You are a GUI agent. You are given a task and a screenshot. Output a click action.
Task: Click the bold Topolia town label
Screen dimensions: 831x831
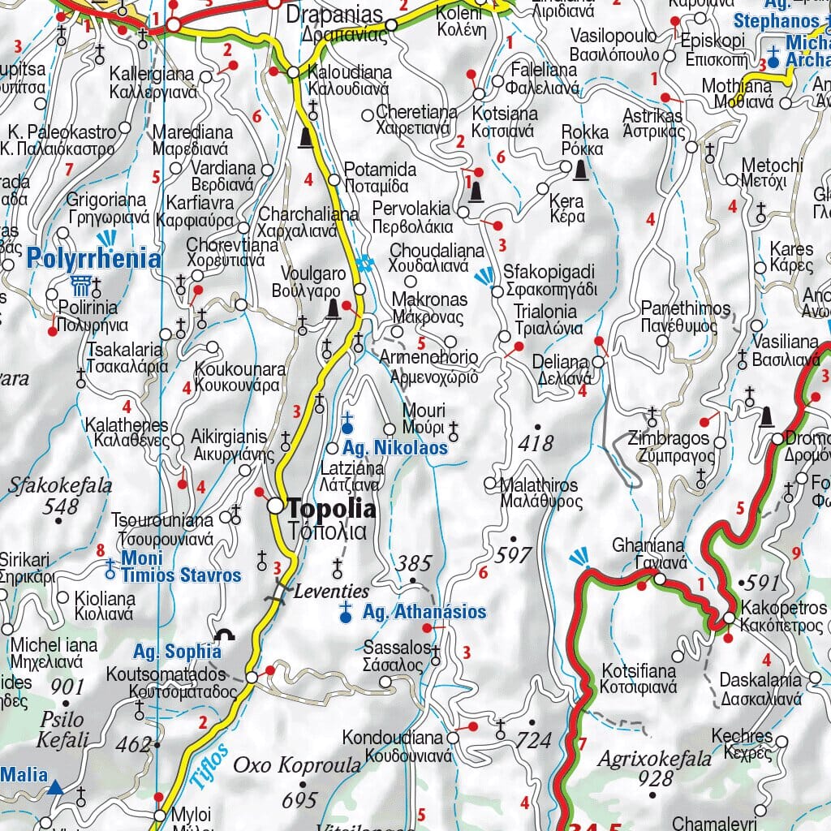click(333, 510)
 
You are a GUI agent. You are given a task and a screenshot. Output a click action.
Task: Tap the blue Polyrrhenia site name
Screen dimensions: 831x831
click(93, 259)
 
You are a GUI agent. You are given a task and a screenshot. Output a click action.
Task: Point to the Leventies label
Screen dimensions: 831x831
click(331, 591)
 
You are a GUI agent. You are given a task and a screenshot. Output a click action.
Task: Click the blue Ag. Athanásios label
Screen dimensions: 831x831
click(424, 612)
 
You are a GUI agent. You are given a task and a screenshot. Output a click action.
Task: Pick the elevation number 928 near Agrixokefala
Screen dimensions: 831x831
click(656, 778)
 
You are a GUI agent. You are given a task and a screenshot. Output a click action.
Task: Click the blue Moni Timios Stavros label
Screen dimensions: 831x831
click(180, 567)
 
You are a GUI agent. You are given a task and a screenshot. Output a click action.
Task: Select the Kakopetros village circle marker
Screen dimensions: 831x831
click(729, 618)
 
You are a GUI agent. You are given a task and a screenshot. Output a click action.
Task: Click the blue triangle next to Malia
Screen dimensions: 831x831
click(55, 786)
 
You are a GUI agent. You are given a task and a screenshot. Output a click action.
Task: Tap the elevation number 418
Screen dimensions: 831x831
click(536, 443)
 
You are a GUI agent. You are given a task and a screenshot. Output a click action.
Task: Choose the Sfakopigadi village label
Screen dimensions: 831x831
click(549, 271)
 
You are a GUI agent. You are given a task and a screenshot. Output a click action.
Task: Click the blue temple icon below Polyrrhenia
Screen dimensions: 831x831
click(80, 285)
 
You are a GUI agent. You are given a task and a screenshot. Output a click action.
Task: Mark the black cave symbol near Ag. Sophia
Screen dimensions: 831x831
click(225, 635)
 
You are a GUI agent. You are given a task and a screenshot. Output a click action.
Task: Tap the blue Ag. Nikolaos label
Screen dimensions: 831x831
click(395, 447)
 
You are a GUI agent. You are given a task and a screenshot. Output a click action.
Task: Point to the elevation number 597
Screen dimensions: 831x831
click(513, 555)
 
